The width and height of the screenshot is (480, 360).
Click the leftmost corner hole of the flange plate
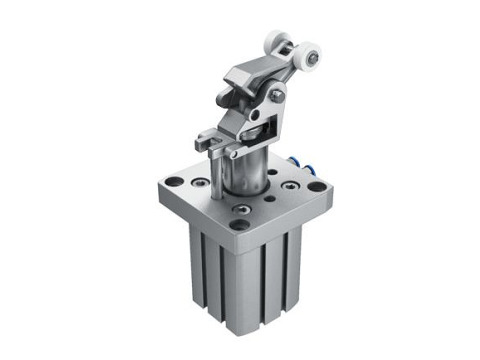coord(174,183)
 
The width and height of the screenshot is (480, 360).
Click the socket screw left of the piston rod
coord(205,183)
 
